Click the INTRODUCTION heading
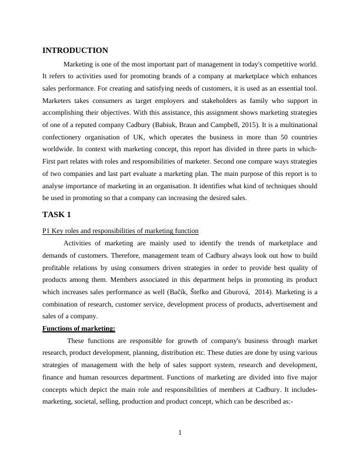(75, 51)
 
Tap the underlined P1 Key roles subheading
(121, 231)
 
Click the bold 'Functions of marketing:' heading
(79, 328)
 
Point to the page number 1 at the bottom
(180, 434)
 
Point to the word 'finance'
(55, 377)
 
